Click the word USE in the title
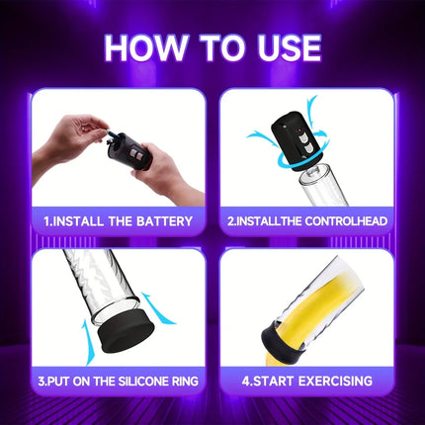coord(289,47)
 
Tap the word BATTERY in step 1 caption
coord(164,221)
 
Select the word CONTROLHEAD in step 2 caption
coord(346,221)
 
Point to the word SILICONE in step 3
coord(143,382)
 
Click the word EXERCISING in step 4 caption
coord(335,381)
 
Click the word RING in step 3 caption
coord(185,382)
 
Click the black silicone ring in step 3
coord(126,330)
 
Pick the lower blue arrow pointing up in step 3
coord(88,343)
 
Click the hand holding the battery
coord(72,138)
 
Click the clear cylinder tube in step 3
coord(101,285)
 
